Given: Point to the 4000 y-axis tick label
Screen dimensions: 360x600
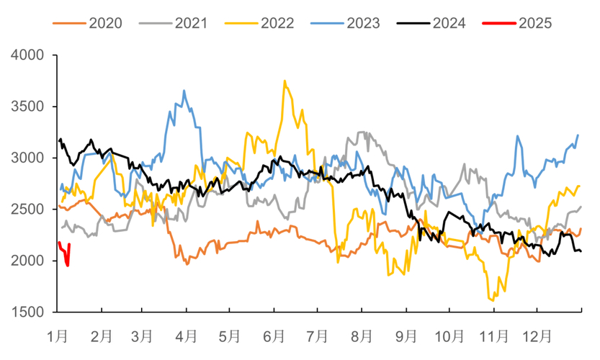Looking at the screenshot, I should [30, 55].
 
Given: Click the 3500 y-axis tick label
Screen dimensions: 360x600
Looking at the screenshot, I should [30, 107].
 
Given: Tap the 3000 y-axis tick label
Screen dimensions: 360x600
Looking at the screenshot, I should [30, 158].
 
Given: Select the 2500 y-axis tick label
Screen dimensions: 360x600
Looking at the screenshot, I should [30, 210].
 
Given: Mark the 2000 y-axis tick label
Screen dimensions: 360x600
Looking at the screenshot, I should [30, 261].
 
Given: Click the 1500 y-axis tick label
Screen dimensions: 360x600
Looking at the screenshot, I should [30, 312].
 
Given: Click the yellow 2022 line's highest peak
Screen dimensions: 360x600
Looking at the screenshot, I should [285, 81].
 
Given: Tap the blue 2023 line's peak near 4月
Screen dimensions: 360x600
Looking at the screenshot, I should [184, 91].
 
